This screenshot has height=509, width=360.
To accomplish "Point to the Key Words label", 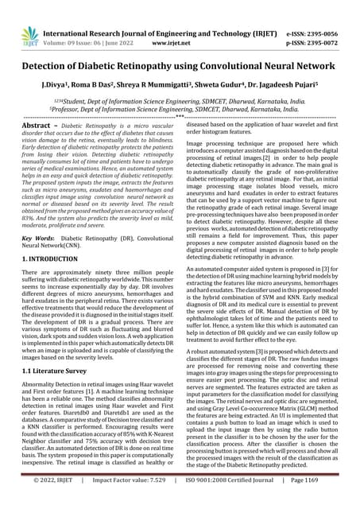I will click(x=38, y=237).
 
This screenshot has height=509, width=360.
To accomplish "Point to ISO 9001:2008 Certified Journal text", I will click(x=236, y=502).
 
